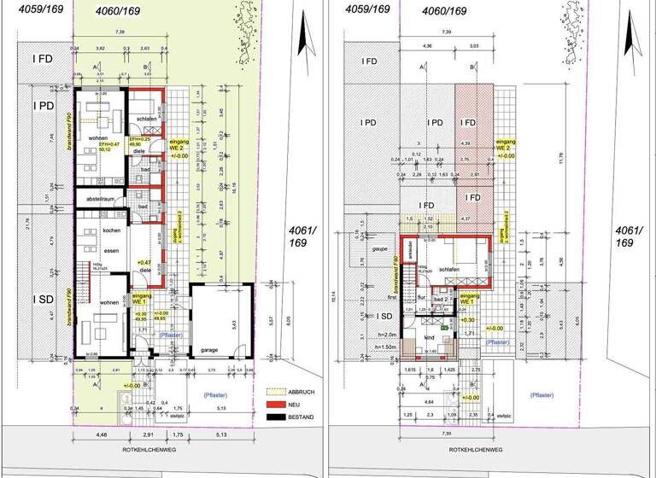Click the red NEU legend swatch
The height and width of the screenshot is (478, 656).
(x=275, y=404)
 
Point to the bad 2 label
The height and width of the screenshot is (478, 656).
(x=441, y=300)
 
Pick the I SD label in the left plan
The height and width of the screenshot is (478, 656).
(x=43, y=299)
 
